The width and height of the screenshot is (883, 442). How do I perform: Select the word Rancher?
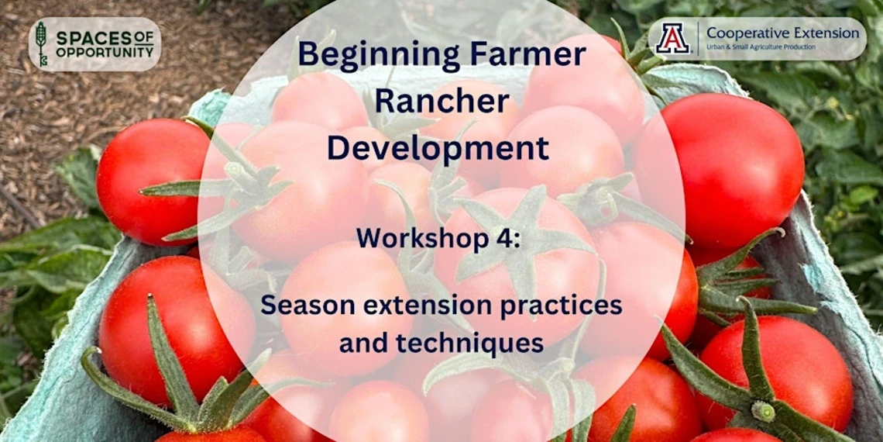point(441,102)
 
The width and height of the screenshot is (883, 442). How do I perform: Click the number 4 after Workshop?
point(507,239)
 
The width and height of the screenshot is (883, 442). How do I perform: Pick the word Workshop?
point(424,240)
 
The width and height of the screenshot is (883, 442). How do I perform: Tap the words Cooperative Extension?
point(783,33)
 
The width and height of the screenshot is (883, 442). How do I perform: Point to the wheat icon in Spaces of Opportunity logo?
point(41,43)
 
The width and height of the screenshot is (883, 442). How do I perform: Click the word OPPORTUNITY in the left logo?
point(105,53)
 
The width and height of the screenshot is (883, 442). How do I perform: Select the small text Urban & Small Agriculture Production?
point(761,47)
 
